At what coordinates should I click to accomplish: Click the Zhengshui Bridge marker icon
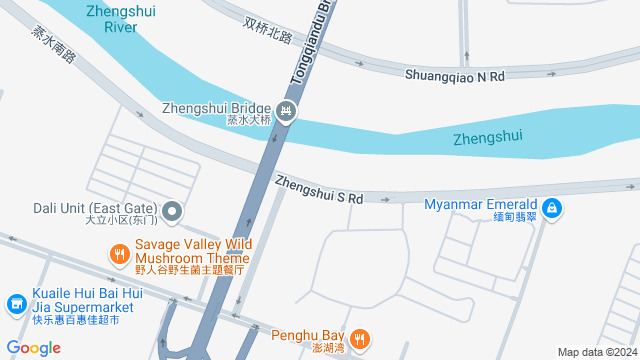(x=286, y=110)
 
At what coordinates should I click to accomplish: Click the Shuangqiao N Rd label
(x=456, y=74)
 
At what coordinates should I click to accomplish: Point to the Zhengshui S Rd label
(x=318, y=190)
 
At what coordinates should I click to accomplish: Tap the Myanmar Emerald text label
(x=481, y=204)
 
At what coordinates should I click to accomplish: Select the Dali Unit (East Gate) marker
(x=172, y=210)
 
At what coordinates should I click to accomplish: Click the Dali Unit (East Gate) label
(x=96, y=209)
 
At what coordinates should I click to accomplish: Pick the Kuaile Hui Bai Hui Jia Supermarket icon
(x=16, y=302)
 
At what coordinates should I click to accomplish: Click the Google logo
(x=33, y=347)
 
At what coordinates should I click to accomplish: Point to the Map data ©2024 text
(x=596, y=352)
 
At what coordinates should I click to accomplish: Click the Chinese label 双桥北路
(x=267, y=30)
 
